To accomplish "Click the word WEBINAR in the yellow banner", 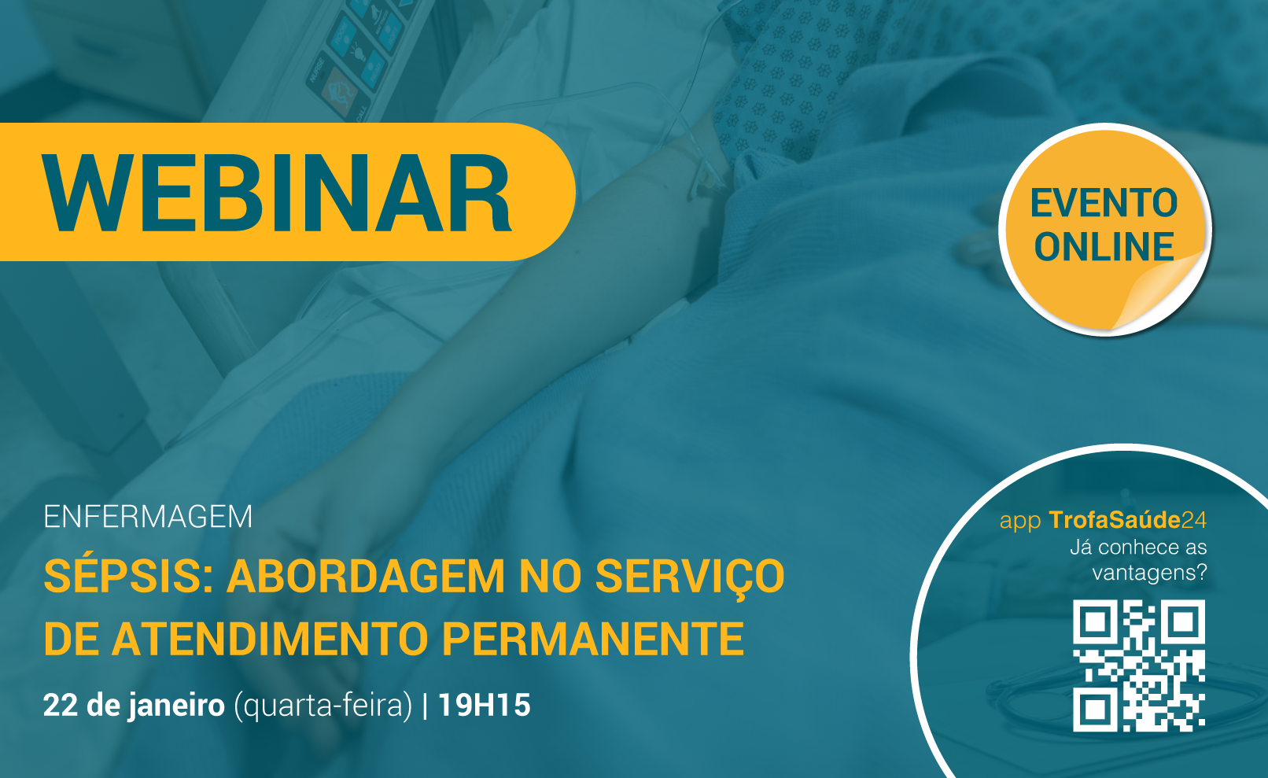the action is point(277,193).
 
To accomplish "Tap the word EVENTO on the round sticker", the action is point(1104,203).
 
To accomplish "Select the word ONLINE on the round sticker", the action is point(1104,246).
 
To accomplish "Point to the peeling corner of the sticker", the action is point(1155,294).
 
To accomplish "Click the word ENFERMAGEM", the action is point(148,516).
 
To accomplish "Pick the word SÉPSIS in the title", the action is point(128,576).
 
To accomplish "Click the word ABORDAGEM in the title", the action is point(366,577).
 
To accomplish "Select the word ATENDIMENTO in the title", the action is point(271,639).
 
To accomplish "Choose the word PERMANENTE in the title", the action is point(592,639).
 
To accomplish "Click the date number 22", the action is point(61,705).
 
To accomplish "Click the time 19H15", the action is point(484,705).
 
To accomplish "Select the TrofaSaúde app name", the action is point(1127,520).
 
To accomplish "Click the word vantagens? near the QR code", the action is point(1149,573).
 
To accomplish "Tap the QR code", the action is point(1139,666).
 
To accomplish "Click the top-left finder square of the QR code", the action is point(1095,622).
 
